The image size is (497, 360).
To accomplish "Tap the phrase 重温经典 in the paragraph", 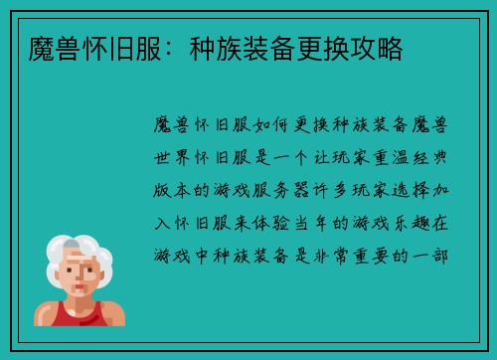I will [x=408, y=158].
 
